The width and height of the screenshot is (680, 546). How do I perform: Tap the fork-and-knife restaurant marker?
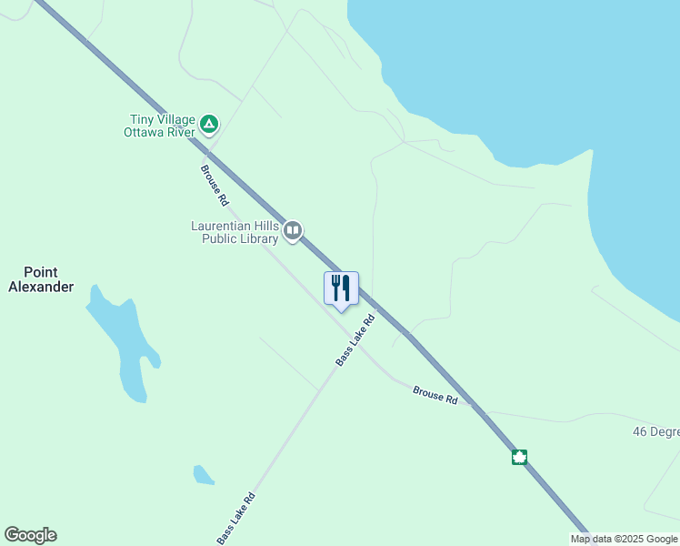(x=341, y=288)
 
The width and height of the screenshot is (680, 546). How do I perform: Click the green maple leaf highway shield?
(x=519, y=457)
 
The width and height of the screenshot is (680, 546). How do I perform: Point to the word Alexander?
(x=41, y=287)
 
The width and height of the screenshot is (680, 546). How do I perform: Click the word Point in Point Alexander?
(x=41, y=272)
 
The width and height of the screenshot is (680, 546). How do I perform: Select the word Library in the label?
(x=257, y=239)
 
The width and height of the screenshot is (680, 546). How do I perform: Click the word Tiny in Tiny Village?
(x=141, y=117)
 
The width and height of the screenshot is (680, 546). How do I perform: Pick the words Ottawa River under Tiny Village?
(x=160, y=131)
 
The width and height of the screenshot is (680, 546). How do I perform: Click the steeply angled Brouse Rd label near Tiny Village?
(x=214, y=185)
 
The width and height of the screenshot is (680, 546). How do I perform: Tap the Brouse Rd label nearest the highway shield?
(x=435, y=395)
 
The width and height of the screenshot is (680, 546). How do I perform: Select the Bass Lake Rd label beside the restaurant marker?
(x=355, y=340)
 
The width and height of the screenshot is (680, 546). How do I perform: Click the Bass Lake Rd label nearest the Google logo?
(x=236, y=519)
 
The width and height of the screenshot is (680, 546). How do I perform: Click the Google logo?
(x=30, y=535)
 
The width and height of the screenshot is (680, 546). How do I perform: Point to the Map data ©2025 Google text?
(x=625, y=539)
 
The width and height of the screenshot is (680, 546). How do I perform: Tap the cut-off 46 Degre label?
(x=655, y=431)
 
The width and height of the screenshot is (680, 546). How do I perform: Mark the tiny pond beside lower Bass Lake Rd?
(x=203, y=474)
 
